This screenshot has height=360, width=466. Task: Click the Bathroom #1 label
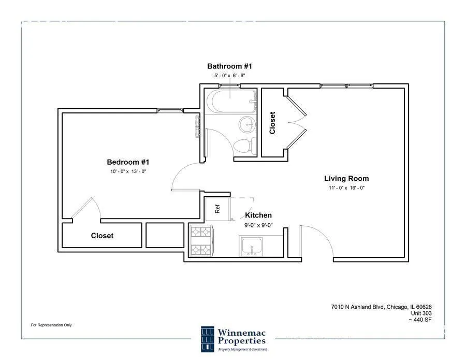click(x=229, y=66)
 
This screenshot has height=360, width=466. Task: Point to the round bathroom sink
click(x=247, y=124)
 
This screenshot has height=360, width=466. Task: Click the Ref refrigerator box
click(x=218, y=208)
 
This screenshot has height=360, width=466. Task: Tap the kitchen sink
click(x=252, y=246)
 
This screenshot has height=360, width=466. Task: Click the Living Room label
click(x=346, y=178)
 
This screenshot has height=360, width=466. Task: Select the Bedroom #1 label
click(x=128, y=162)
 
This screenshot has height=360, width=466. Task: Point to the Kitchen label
click(x=258, y=215)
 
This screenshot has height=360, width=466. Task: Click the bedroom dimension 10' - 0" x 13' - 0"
click(x=128, y=171)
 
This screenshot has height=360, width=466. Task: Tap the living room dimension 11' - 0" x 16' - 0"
click(x=346, y=188)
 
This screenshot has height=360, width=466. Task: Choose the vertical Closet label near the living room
click(x=272, y=123)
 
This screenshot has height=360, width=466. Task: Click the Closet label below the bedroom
click(x=102, y=236)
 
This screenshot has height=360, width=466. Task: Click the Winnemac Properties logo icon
click(x=207, y=339)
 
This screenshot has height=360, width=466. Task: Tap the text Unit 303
click(x=421, y=313)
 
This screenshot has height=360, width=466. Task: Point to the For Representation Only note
click(x=51, y=325)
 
